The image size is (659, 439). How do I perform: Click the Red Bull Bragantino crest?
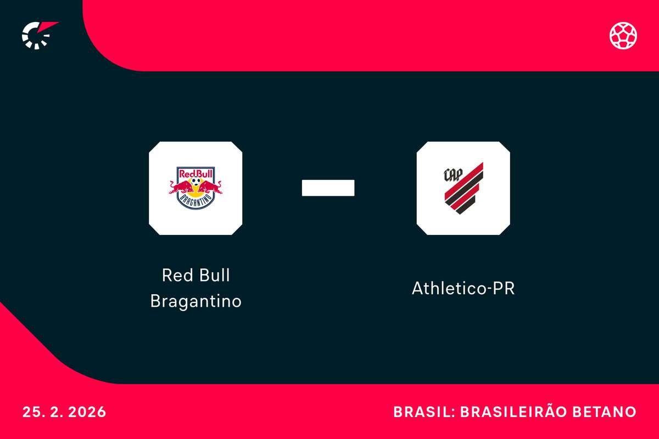click(x=196, y=188)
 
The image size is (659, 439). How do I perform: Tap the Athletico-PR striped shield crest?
click(x=463, y=188)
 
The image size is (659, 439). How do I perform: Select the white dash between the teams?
click(x=328, y=188)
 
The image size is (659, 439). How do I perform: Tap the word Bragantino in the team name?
click(x=196, y=301)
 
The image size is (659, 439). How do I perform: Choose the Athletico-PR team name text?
click(x=463, y=288)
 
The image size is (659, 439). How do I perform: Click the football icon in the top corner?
click(x=623, y=35)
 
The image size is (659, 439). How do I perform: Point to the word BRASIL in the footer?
click(x=418, y=412)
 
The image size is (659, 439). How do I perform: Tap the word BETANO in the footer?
click(x=609, y=412)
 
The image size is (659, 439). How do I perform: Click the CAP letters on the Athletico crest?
click(x=453, y=174)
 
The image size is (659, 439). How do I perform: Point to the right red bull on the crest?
click(x=210, y=188)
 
